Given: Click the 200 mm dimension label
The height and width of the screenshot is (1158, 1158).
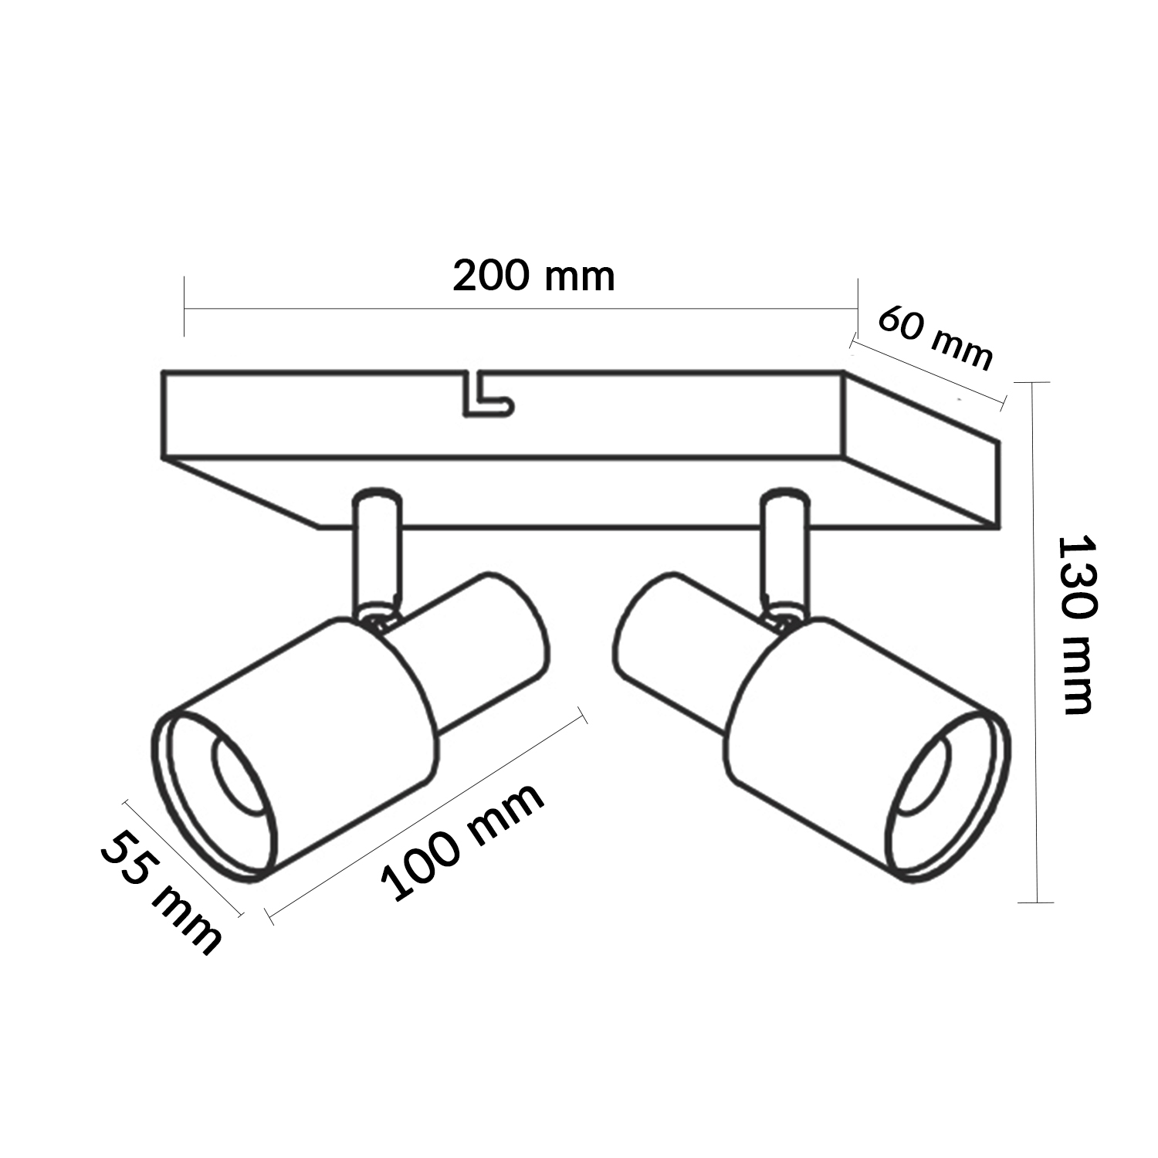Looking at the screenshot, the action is point(533,276).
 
